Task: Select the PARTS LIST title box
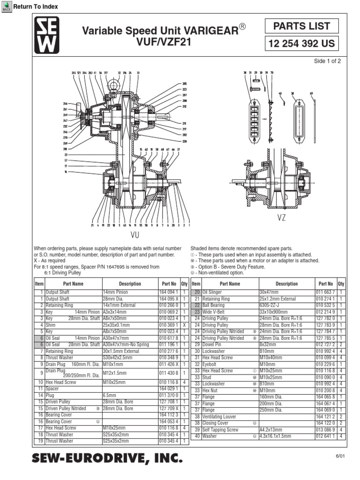coord(302,27)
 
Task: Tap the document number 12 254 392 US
coord(302,44)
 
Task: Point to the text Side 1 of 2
coord(327,61)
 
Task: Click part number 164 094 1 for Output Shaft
coord(168,292)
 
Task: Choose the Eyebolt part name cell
coord(210,364)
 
